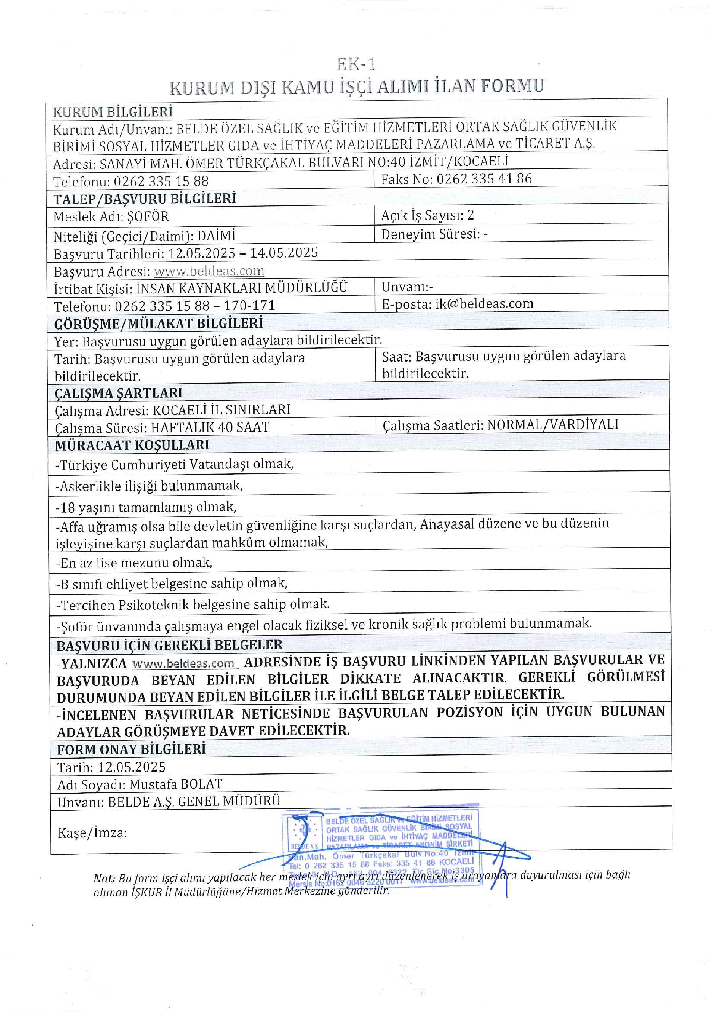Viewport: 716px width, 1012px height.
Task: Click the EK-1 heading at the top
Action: tap(356, 65)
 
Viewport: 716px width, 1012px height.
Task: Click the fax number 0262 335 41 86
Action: tap(484, 179)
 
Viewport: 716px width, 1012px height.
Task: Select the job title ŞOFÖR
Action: tap(148, 217)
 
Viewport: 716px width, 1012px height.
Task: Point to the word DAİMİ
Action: tap(216, 236)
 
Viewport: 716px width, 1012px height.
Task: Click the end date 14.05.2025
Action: tap(284, 253)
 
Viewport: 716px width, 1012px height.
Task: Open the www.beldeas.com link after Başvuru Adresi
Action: tap(209, 271)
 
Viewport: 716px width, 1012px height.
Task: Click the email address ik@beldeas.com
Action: tap(484, 303)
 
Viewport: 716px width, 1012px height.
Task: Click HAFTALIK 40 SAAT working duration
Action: tap(210, 427)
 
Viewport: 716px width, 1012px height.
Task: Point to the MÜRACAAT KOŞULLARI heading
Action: tap(132, 445)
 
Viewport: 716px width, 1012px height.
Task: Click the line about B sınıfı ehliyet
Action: tap(172, 584)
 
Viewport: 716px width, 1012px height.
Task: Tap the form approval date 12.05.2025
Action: tap(131, 767)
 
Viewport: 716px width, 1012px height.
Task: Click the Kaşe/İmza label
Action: tap(92, 833)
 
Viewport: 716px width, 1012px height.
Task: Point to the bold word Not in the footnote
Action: tap(104, 879)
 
